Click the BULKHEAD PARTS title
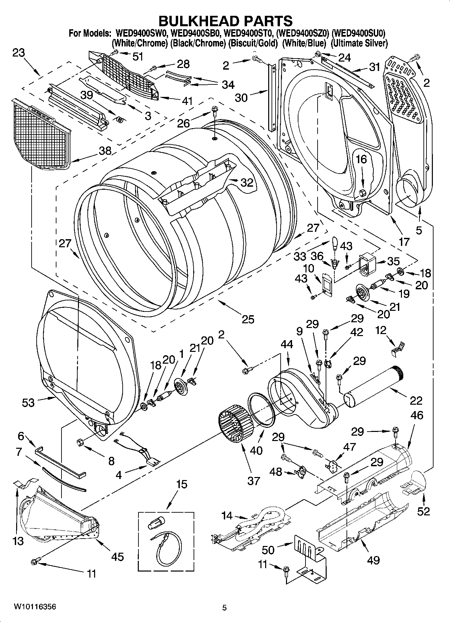[225, 21]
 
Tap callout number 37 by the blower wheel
[254, 481]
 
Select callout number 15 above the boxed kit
[181, 484]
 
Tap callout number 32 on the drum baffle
[247, 182]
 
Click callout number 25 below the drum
[248, 319]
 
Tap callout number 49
[373, 560]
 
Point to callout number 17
[404, 241]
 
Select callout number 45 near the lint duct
[118, 557]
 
